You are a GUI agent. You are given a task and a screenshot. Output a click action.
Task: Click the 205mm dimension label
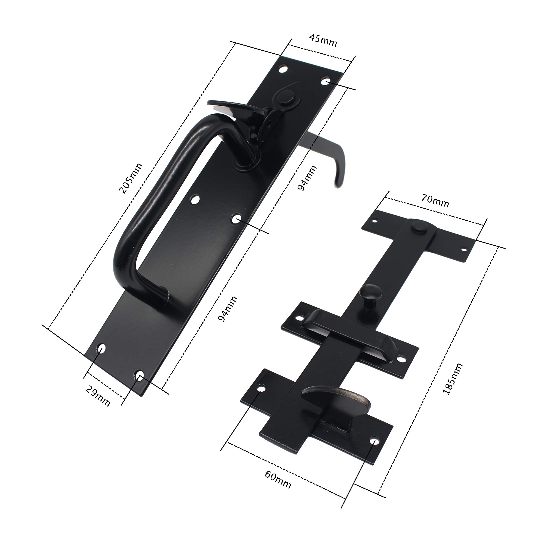click(130, 178)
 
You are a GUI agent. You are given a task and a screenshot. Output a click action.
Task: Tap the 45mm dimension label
click(323, 41)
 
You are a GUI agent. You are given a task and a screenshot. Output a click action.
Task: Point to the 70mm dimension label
click(435, 201)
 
